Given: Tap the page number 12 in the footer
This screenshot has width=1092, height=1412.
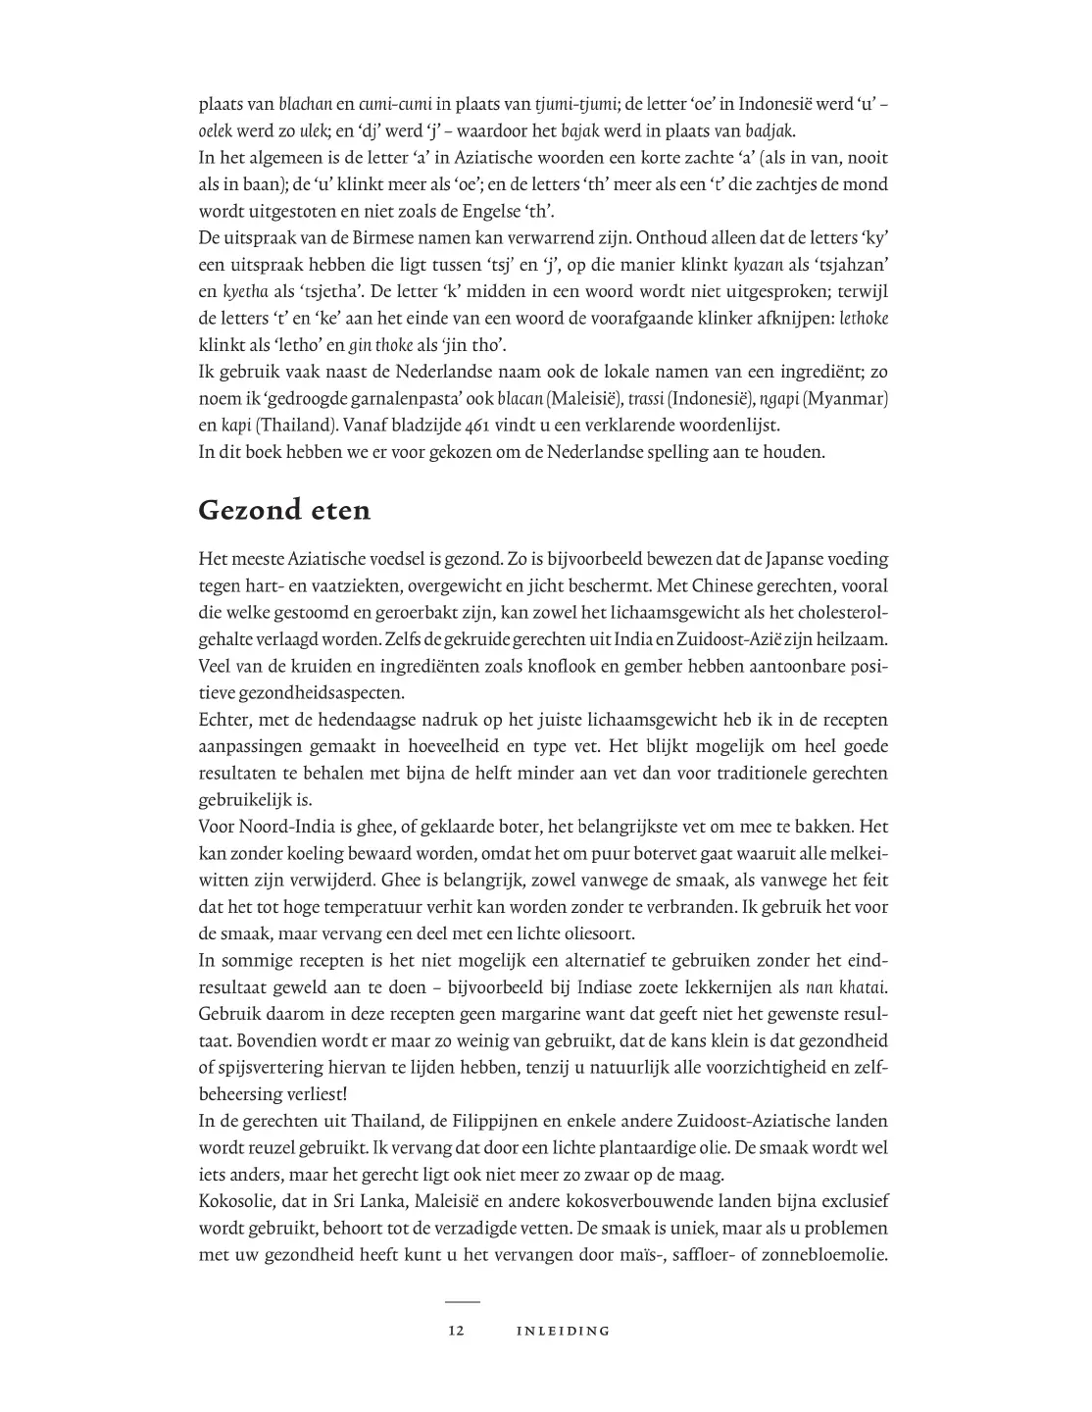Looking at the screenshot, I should coord(455,1331).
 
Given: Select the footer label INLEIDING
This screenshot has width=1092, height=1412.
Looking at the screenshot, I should coord(563,1331).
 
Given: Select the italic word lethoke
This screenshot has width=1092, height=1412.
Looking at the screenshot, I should coord(865,319).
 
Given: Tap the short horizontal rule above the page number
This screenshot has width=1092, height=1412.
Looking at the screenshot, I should coord(463,1302).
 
